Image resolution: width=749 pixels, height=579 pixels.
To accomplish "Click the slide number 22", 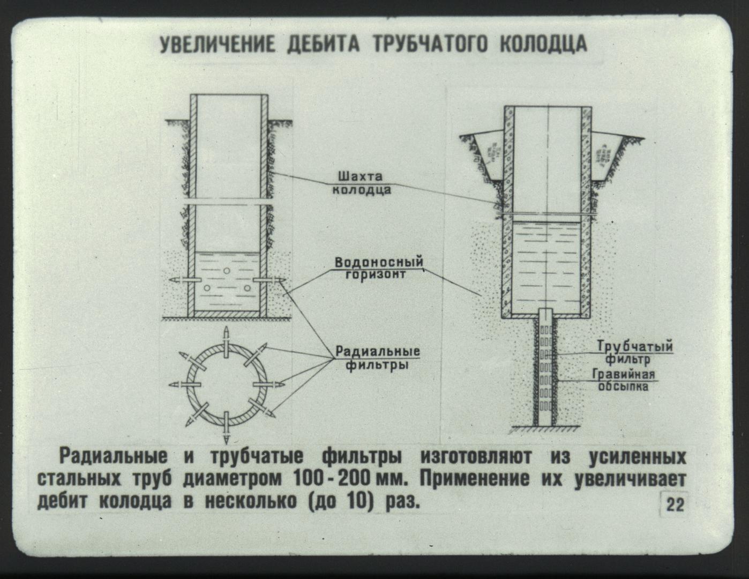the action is [x=675, y=505].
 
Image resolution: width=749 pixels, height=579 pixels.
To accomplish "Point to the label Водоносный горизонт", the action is [x=378, y=268].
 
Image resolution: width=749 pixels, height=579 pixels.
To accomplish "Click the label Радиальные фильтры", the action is [x=378, y=358].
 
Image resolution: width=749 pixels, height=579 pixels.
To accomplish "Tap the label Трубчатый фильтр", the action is [x=634, y=353].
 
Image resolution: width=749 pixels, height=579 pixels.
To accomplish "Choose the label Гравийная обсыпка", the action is [x=623, y=380].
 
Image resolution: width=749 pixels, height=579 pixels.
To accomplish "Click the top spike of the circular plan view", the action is [x=226, y=334].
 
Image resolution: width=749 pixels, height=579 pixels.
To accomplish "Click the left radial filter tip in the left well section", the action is [x=175, y=280].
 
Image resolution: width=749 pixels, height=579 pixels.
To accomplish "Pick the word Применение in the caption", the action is [x=474, y=479].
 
